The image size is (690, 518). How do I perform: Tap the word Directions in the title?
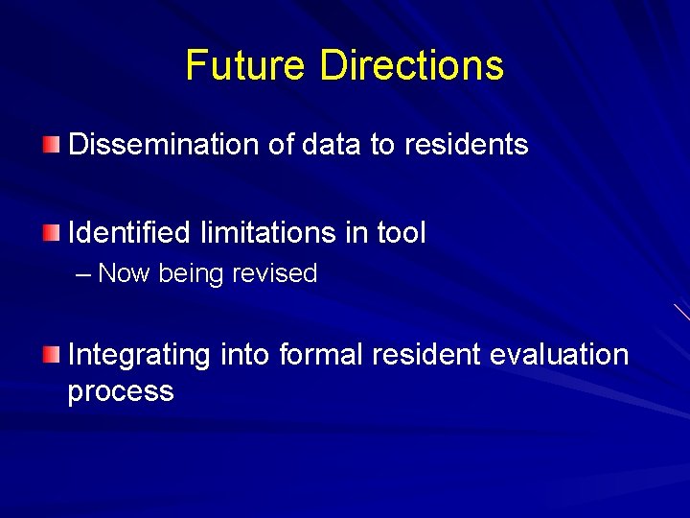(x=411, y=65)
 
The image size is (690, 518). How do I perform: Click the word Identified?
(x=130, y=232)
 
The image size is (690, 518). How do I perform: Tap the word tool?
(x=401, y=232)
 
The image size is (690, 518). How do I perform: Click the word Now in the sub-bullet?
(x=125, y=274)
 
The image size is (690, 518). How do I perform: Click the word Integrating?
(x=139, y=355)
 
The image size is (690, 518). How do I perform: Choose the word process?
(x=121, y=392)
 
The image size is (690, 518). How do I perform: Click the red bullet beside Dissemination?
(x=51, y=145)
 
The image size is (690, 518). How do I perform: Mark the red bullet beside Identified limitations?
(x=51, y=232)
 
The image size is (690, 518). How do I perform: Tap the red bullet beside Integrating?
(x=51, y=355)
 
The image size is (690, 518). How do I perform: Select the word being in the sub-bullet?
(x=192, y=274)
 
